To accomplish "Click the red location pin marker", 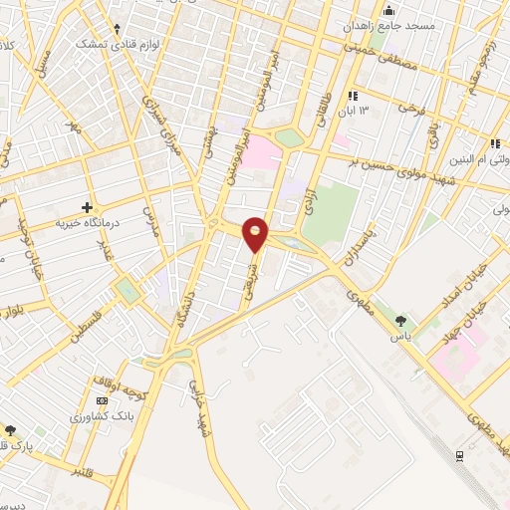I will (256, 234).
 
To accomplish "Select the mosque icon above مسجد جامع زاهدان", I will (387, 9).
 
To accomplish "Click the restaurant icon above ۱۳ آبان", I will (352, 95).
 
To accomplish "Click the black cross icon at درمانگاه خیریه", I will (88, 208).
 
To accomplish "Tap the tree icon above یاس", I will (400, 321).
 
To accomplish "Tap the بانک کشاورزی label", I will (102, 415).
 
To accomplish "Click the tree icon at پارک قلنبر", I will (11, 430).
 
